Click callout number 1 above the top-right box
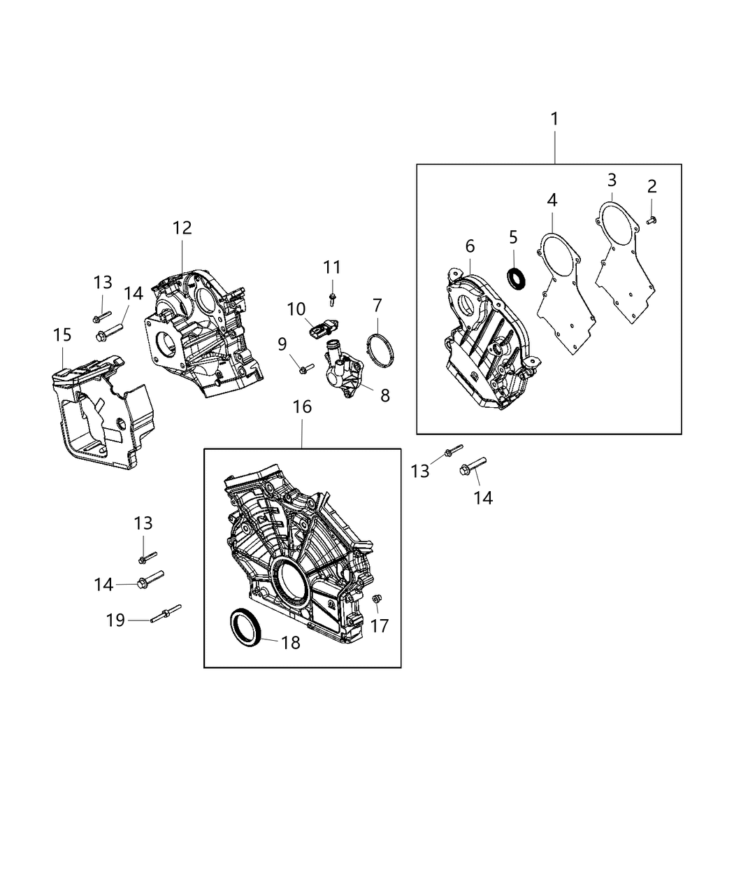tap(554, 119)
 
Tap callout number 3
tap(611, 180)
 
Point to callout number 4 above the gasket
tap(552, 200)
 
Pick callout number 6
tap(469, 246)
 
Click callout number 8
tap(384, 395)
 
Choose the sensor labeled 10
tap(322, 329)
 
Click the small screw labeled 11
tap(332, 299)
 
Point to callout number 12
tap(182, 227)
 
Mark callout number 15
tap(62, 335)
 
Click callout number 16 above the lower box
tap(302, 406)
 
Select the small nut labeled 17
tap(377, 599)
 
